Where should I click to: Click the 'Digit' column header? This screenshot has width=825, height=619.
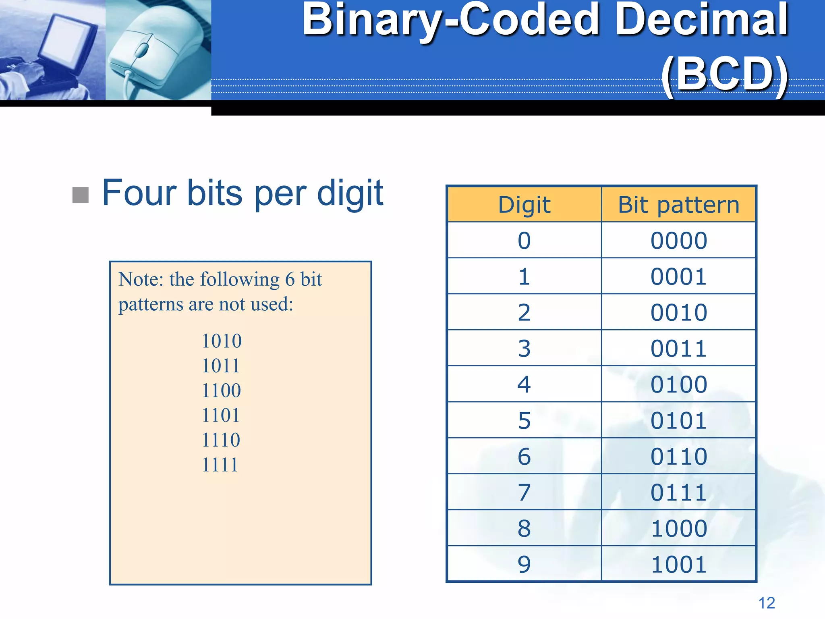[x=524, y=205]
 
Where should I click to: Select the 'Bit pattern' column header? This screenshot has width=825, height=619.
[x=679, y=205]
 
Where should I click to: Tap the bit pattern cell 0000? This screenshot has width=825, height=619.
[x=679, y=241]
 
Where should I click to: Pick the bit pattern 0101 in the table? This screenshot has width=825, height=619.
[x=679, y=420]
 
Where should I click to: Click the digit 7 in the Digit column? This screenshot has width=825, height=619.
[x=524, y=492]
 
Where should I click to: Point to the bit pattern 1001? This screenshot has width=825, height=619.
[x=679, y=564]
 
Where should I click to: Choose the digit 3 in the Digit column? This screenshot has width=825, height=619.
[x=524, y=349]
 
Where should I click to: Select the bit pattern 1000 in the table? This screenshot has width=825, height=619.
[x=679, y=528]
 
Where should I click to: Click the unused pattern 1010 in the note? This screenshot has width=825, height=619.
[x=222, y=341]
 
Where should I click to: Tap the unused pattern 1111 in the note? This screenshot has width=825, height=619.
[x=220, y=465]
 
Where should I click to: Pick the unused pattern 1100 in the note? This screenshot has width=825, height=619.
[x=221, y=391]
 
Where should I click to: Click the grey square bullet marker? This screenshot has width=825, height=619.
[x=81, y=195]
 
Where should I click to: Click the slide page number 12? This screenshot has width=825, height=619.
[x=767, y=603]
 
